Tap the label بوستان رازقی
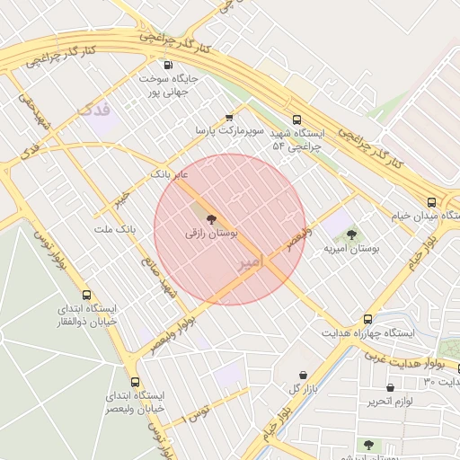click(212, 233)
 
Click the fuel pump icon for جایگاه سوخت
click(168, 65)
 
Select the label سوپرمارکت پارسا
click(231, 131)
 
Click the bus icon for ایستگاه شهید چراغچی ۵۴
click(297, 119)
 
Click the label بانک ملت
click(114, 229)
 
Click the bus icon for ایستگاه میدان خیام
click(432, 202)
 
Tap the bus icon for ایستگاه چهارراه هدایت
click(367, 319)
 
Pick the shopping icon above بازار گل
click(303, 375)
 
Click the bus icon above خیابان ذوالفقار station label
click(87, 295)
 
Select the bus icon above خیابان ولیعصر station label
click(135, 382)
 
